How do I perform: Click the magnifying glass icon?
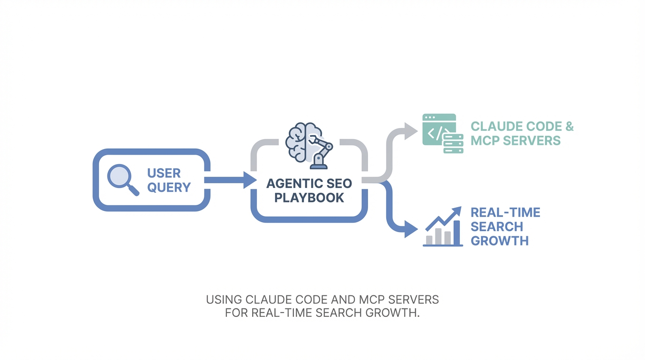click(x=121, y=179)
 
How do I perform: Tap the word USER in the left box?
click(x=164, y=173)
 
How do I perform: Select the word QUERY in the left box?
click(x=169, y=187)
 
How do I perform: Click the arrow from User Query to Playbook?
click(x=230, y=180)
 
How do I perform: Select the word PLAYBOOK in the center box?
click(x=309, y=198)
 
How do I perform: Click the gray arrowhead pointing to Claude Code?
click(x=411, y=131)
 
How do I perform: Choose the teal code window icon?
click(x=439, y=129)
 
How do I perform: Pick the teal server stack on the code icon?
click(x=453, y=143)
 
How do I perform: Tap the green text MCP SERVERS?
click(x=515, y=141)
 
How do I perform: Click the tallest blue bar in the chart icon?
click(x=457, y=232)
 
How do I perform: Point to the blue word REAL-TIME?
click(x=505, y=213)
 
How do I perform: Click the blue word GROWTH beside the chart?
click(x=499, y=241)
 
